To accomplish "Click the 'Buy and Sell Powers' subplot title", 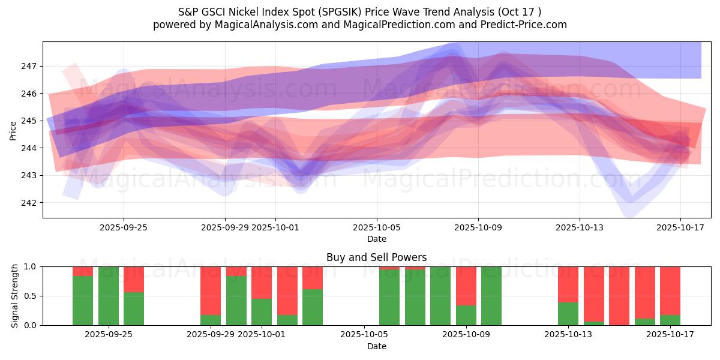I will [x=376, y=257].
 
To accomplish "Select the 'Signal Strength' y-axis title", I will [x=15, y=296].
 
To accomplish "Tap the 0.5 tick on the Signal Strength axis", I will [x=31, y=296].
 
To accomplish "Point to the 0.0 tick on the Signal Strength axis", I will [x=31, y=325].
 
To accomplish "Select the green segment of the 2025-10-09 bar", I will [x=466, y=315].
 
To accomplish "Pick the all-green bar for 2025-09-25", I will [x=109, y=296].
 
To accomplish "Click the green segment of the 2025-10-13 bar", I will [x=568, y=314].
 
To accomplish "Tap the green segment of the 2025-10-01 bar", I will [x=262, y=312].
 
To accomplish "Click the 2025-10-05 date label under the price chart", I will [x=377, y=227].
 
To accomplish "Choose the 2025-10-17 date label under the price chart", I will [x=680, y=227].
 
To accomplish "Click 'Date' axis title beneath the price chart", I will [x=376, y=239].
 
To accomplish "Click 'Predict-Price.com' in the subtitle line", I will [x=527, y=25].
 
